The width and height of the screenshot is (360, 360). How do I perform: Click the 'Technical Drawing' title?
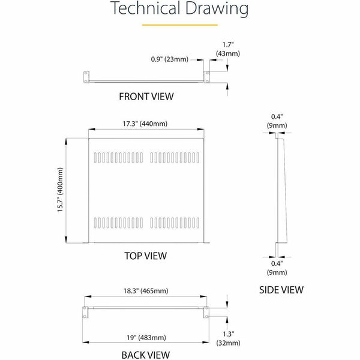(179, 8)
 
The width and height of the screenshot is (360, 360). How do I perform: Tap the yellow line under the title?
(180, 25)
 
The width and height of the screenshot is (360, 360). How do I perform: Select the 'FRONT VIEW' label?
(146, 97)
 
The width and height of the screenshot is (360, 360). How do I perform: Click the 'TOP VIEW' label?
(146, 256)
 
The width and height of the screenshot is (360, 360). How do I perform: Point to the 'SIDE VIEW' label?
(281, 290)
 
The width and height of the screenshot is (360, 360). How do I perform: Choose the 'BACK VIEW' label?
(146, 355)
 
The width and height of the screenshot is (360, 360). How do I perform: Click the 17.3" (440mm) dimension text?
(145, 124)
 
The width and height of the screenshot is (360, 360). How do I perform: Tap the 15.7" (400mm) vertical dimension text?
(60, 190)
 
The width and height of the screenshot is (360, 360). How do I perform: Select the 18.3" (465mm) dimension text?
(146, 291)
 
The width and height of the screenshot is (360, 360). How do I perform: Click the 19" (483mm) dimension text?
(146, 337)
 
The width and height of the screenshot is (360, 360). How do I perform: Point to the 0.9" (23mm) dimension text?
(170, 59)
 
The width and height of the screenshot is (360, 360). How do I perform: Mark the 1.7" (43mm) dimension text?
(228, 49)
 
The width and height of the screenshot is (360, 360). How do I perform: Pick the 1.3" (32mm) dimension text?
(228, 338)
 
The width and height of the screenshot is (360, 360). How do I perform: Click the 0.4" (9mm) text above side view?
(277, 121)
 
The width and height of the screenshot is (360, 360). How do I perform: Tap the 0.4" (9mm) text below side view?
(277, 268)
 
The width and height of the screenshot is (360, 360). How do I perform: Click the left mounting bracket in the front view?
(86, 77)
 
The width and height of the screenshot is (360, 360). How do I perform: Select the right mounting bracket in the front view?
(206, 77)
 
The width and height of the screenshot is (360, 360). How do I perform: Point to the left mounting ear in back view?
(85, 312)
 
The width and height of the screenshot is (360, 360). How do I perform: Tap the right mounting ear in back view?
(206, 312)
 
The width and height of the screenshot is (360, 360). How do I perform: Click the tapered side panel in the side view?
(282, 191)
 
